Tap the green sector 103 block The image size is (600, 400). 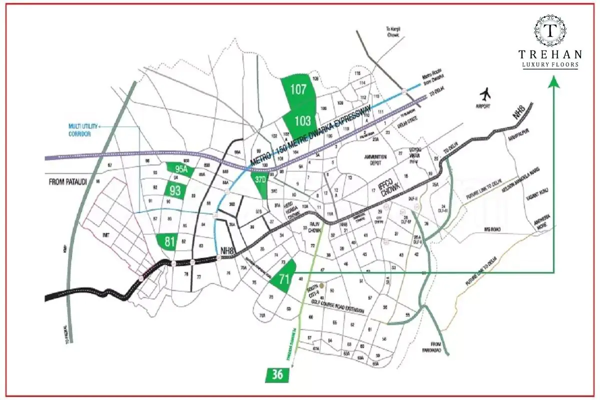pyautogui.click(x=302, y=120)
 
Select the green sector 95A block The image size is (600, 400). pyautogui.click(x=180, y=169)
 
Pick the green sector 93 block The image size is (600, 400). pyautogui.click(x=175, y=190)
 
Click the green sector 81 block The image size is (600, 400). pyautogui.click(x=169, y=242)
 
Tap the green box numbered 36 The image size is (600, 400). pyautogui.click(x=277, y=375)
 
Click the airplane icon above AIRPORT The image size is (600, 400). pyautogui.click(x=484, y=94)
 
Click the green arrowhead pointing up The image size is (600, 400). pyautogui.click(x=553, y=81)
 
